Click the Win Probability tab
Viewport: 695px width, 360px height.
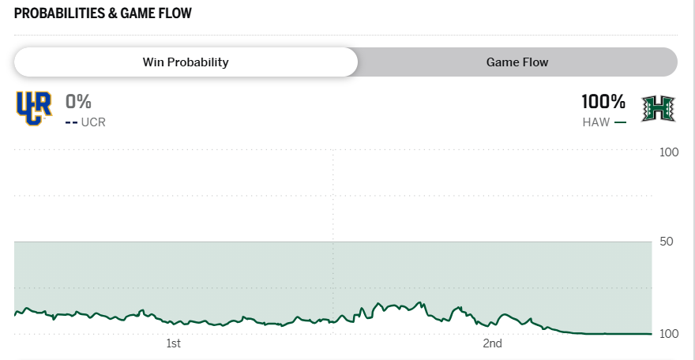pos(186,62)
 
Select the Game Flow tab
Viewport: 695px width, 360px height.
pos(517,62)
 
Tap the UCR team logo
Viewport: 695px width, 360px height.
pos(33,108)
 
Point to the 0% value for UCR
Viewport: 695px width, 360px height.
pos(79,102)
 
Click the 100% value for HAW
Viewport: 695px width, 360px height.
pos(603,102)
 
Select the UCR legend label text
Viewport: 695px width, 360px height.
pos(93,122)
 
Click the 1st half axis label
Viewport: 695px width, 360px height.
pos(174,343)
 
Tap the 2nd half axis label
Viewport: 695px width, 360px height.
pos(493,343)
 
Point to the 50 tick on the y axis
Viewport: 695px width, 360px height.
pos(667,242)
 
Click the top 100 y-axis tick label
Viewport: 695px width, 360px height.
pos(669,151)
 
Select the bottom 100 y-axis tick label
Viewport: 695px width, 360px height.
pos(669,334)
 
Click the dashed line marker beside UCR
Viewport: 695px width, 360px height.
pos(71,122)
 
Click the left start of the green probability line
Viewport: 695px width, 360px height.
pos(15,315)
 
